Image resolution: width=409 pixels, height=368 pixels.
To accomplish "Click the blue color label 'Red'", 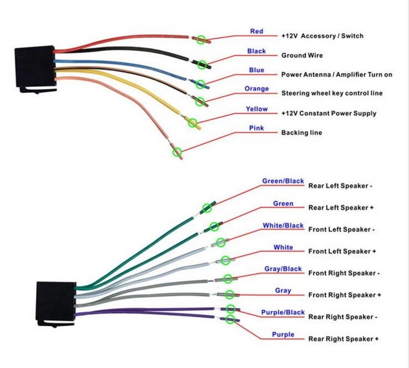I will (x=256, y=31).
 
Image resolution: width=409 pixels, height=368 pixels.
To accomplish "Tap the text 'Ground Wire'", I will (x=302, y=55).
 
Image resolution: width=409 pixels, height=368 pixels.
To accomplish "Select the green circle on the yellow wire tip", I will (x=192, y=122).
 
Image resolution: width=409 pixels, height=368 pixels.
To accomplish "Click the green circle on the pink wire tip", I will (x=177, y=152).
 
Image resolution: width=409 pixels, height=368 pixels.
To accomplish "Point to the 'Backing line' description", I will (x=301, y=132).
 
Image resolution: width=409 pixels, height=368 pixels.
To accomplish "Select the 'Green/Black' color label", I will (x=283, y=181).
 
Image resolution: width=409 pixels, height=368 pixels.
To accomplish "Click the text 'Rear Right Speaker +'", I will (x=343, y=339).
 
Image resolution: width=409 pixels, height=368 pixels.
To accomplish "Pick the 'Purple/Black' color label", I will (x=283, y=312).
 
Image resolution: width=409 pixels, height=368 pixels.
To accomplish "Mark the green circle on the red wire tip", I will (x=201, y=40).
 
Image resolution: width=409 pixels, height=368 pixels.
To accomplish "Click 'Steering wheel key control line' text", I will (x=332, y=93).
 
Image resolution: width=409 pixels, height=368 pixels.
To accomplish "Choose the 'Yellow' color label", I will (x=256, y=109).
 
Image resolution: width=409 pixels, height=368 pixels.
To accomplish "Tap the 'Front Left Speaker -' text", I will (x=341, y=229).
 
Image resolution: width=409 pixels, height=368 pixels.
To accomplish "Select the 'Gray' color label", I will (x=283, y=290).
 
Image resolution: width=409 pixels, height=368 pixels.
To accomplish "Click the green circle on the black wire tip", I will (x=202, y=64).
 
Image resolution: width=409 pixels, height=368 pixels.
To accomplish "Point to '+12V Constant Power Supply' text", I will (x=328, y=113).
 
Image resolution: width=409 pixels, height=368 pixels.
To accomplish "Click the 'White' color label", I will (x=283, y=247).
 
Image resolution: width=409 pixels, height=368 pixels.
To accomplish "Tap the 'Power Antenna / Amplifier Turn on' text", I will (x=337, y=74).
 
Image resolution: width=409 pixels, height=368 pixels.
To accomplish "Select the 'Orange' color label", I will (x=256, y=89).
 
